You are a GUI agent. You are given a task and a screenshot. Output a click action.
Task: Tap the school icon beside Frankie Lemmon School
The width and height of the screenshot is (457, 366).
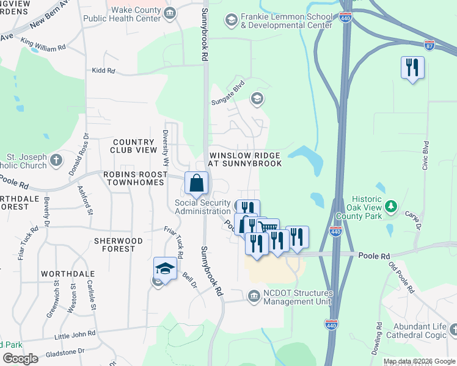pyautogui.click(x=231, y=21)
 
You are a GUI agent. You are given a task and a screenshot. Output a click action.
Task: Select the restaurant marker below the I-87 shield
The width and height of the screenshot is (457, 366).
pyautogui.click(x=412, y=67)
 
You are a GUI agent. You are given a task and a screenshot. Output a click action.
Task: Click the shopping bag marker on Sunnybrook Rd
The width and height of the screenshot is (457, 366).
pyautogui.click(x=196, y=183)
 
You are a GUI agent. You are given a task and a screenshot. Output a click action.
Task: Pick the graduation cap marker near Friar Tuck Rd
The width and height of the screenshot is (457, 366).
pyautogui.click(x=165, y=268)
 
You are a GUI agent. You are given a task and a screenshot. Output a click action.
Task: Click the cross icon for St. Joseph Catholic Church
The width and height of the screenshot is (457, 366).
pyautogui.click(x=56, y=160)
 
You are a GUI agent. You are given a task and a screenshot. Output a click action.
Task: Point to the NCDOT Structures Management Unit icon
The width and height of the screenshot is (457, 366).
pyautogui.click(x=254, y=296)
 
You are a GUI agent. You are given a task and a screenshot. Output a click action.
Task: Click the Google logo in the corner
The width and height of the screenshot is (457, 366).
pyautogui.click(x=20, y=359)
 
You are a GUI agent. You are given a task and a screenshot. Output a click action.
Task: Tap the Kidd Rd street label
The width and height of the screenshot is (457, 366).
pyautogui.click(x=103, y=71)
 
